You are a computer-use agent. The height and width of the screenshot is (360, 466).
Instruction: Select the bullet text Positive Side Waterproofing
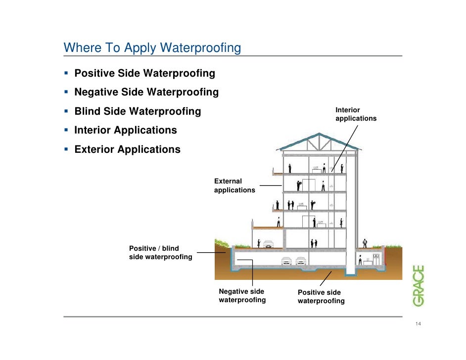click(144, 74)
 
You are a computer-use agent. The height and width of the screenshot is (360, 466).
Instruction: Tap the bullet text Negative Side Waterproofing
click(146, 92)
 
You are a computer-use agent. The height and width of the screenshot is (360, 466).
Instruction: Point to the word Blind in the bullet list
click(87, 111)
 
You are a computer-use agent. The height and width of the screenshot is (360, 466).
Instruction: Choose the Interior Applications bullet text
click(125, 131)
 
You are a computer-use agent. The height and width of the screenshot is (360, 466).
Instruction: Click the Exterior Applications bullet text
click(127, 149)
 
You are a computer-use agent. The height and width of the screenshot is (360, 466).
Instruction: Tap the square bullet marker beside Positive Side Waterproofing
click(66, 74)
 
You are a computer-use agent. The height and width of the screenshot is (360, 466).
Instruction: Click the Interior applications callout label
click(355, 114)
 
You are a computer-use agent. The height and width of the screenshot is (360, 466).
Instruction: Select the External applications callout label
click(234, 186)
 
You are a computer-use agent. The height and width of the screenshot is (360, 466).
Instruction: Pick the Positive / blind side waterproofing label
click(160, 253)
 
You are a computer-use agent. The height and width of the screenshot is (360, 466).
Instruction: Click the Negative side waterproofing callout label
click(242, 296)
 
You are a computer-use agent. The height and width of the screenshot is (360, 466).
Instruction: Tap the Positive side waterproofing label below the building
click(321, 297)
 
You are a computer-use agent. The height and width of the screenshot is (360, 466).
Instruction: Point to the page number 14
click(418, 324)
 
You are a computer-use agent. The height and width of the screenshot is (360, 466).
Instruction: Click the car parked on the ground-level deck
click(268, 243)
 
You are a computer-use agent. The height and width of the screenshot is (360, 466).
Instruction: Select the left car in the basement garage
click(286, 262)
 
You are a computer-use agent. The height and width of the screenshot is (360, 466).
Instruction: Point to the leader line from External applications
click(271, 186)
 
